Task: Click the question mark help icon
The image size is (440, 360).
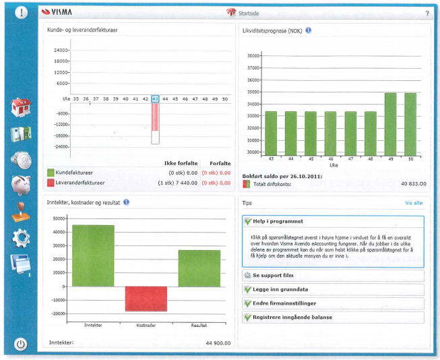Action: [427, 13]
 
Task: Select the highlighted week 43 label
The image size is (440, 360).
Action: [155, 99]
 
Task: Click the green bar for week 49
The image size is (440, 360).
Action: [390, 123]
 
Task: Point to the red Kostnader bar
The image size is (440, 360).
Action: [146, 298]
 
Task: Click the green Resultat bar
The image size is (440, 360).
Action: [199, 268]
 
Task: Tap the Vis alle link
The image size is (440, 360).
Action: [414, 202]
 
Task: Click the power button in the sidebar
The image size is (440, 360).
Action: [21, 344]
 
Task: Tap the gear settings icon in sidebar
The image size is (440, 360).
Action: [21, 237]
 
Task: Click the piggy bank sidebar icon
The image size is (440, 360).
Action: [21, 184]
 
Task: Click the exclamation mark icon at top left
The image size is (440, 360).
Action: [21, 13]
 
